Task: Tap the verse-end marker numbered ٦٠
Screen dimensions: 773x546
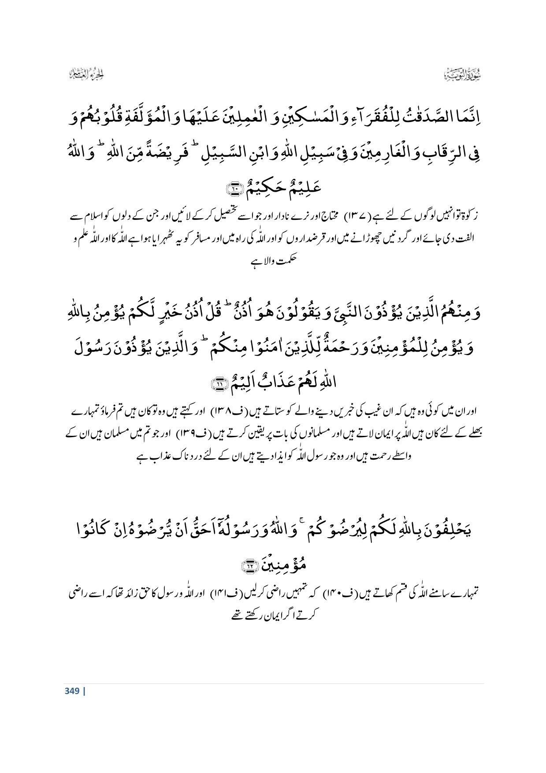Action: click(232, 189)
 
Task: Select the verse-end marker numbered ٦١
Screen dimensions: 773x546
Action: click(219, 384)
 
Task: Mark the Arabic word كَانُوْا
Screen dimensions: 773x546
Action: click(100, 530)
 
